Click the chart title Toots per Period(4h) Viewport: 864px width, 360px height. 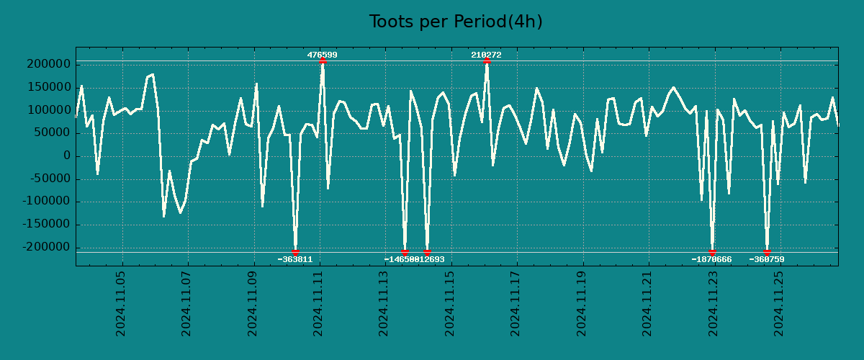[x=456, y=22]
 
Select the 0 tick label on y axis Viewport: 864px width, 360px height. [x=66, y=156]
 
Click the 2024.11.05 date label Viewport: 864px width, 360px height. [x=121, y=303]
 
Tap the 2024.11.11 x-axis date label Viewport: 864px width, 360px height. [x=319, y=303]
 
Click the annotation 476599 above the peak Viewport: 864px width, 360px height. [x=322, y=55]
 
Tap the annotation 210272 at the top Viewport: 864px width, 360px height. [x=486, y=55]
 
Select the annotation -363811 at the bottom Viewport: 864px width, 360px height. [x=295, y=259]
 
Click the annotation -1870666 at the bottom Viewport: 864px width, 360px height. [x=711, y=259]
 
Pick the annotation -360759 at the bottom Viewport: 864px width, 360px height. [x=767, y=259]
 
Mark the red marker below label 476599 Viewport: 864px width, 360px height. [x=322, y=60]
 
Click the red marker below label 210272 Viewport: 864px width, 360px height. [x=487, y=60]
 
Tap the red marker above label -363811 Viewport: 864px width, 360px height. [x=295, y=253]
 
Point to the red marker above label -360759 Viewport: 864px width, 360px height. [x=767, y=253]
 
